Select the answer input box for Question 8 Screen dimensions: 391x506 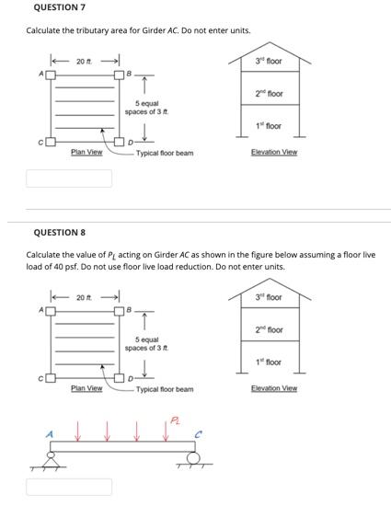click(69, 486)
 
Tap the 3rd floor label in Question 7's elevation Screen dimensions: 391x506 click(269, 62)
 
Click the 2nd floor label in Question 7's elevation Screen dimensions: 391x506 click(269, 94)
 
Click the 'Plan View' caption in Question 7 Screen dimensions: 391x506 click(86, 152)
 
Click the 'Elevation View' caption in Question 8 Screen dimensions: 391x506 click(274, 388)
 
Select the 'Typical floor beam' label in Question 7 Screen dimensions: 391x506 click(165, 153)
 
